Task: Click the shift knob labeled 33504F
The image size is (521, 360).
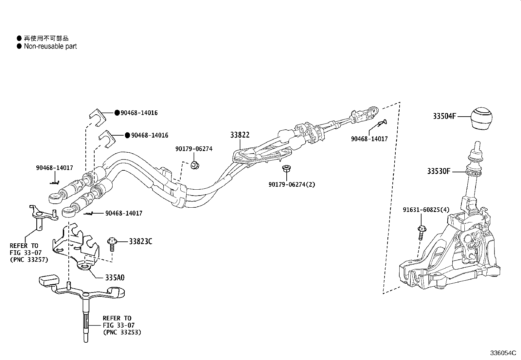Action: [482, 118]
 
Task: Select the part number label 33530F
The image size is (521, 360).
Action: [439, 171]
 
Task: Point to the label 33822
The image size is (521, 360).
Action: [240, 135]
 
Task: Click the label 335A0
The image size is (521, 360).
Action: [115, 277]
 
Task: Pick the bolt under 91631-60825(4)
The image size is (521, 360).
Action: [422, 233]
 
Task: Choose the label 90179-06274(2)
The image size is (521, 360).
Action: [292, 184]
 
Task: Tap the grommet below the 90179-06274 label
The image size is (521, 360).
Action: [195, 165]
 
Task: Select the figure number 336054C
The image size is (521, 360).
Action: [503, 353]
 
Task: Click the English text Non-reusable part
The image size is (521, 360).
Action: [50, 46]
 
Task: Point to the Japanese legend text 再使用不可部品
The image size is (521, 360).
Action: [46, 38]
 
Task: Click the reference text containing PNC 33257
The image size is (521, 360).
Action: [29, 253]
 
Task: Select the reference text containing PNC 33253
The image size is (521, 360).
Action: [122, 325]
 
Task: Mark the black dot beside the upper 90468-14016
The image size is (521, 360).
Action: [117, 113]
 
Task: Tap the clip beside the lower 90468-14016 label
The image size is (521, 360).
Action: [107, 139]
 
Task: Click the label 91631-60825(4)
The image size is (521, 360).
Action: [426, 210]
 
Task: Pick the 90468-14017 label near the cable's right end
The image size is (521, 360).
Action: [369, 139]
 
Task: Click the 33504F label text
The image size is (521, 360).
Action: [444, 116]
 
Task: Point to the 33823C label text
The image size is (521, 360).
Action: [140, 241]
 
